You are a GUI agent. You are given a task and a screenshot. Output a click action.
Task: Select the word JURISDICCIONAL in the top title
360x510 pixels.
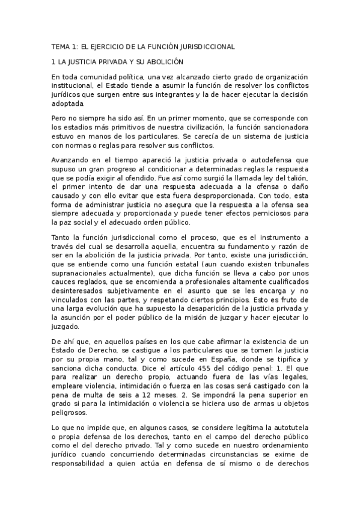point(204,46)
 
